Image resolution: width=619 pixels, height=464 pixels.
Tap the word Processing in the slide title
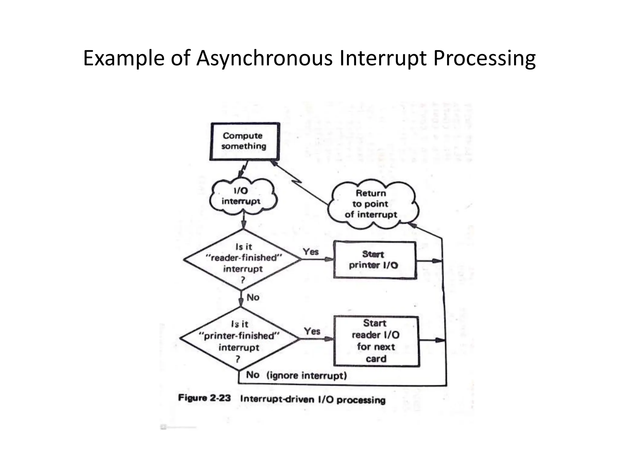[484, 58]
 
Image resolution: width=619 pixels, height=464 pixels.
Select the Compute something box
[244, 141]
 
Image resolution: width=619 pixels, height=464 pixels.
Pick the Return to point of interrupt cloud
[372, 204]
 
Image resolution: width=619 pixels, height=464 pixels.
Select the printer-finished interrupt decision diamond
[239, 339]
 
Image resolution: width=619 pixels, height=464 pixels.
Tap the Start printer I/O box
[374, 260]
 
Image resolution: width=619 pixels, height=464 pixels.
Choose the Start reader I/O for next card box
[376, 341]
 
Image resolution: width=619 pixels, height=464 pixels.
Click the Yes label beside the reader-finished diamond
[311, 252]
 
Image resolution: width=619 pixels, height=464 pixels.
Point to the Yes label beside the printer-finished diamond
[312, 331]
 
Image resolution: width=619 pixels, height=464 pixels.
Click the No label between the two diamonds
[253, 297]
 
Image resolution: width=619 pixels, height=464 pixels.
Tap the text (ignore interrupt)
[306, 375]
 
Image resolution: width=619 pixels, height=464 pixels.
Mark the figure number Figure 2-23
[204, 398]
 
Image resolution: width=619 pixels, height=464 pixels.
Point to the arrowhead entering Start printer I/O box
[329, 259]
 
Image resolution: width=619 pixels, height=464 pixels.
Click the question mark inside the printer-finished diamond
[238, 359]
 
